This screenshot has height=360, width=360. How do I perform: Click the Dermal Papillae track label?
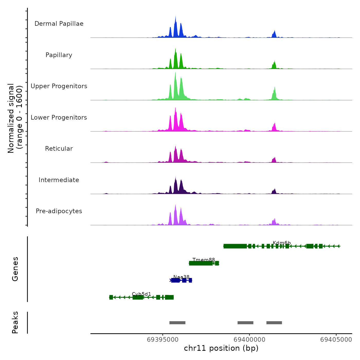pos(59,24)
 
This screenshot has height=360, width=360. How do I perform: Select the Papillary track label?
pos(59,55)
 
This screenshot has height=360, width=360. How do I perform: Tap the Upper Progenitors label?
pos(59,86)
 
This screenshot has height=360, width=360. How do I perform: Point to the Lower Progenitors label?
pos(59,118)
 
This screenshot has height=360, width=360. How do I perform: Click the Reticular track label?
pos(59,149)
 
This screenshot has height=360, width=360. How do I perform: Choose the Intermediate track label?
pos(59,180)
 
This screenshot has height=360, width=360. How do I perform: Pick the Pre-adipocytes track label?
pos(59,211)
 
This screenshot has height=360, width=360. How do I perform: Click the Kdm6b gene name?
pos(282,243)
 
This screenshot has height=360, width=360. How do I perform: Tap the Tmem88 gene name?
pos(204,260)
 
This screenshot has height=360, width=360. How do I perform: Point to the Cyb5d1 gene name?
pos(141,294)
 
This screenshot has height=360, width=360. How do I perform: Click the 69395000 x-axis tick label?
pos(163,340)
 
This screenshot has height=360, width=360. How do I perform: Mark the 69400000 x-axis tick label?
pos(249,340)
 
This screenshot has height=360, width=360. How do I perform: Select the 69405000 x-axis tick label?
pos(336,340)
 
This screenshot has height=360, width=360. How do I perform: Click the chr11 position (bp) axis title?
pos(221,348)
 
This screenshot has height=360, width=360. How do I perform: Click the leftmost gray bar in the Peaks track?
pos(177,323)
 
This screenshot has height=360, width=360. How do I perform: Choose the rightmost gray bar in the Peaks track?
pos(274,323)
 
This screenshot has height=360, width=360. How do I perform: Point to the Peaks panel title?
pos(15,322)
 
